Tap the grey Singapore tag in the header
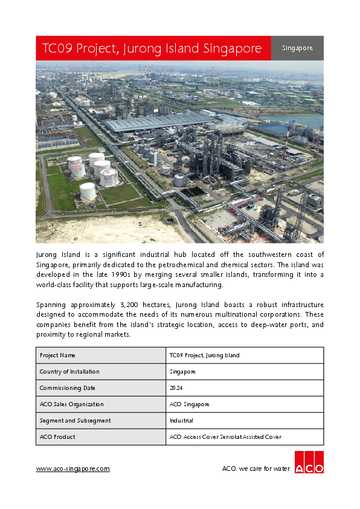tap(297, 48)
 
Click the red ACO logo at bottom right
tap(309, 462)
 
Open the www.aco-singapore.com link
tap(73, 468)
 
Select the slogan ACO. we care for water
tap(256, 468)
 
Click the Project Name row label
tap(57, 355)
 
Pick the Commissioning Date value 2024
tap(176, 388)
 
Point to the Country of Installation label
tap(69, 372)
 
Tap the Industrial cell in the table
tap(181, 421)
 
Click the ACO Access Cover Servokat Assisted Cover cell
tap(225, 437)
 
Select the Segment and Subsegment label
tap(75, 421)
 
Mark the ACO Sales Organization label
tap(71, 404)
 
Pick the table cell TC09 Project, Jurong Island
tap(204, 355)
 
